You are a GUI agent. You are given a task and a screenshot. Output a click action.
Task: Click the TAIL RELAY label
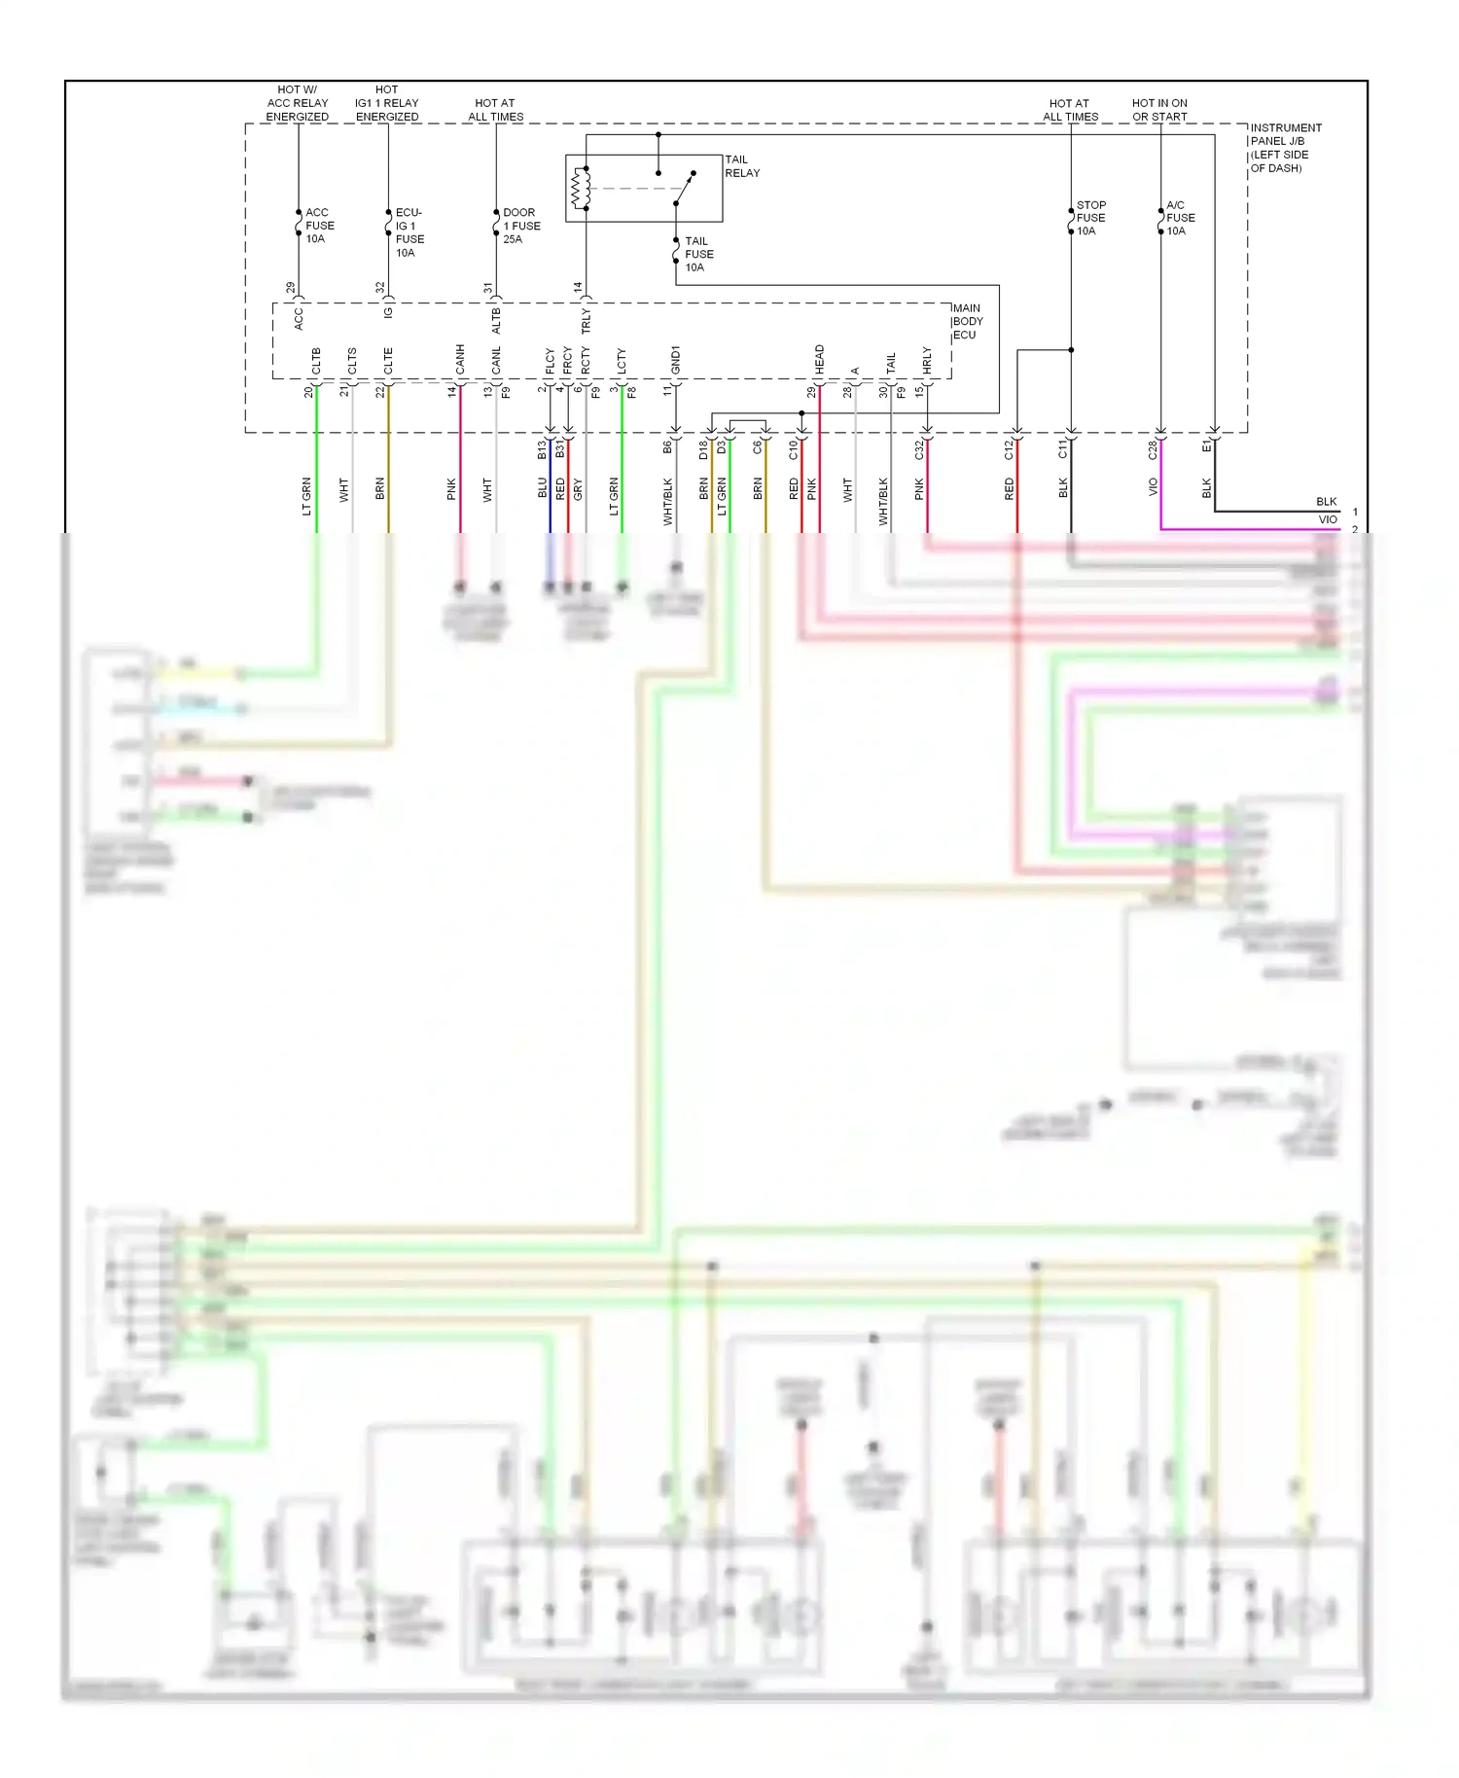pyautogui.click(x=741, y=166)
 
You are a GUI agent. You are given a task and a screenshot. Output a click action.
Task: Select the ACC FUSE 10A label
pyautogui.click(x=318, y=226)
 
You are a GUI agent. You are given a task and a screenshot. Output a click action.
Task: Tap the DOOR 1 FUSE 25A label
pyautogui.click(x=520, y=226)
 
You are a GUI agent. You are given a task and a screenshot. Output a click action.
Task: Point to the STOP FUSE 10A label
pyautogui.click(x=1090, y=218)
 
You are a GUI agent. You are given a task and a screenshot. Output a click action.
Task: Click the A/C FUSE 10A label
pyautogui.click(x=1180, y=218)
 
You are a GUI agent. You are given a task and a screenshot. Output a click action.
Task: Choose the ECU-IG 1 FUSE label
pyautogui.click(x=409, y=231)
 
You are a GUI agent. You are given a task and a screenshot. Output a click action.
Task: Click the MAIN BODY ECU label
pyautogui.click(x=967, y=322)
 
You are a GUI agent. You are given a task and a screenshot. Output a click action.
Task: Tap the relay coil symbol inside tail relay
pyautogui.click(x=581, y=189)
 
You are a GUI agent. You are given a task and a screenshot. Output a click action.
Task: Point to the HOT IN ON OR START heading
pyautogui.click(x=1159, y=110)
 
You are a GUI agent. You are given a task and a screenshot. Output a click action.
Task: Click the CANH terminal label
pyautogui.click(x=460, y=359)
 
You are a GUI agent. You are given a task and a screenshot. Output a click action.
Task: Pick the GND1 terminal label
pyautogui.click(x=676, y=360)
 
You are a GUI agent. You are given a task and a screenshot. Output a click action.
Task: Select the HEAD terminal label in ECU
pyautogui.click(x=820, y=359)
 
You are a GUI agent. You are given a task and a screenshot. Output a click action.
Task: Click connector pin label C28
pyautogui.click(x=1152, y=450)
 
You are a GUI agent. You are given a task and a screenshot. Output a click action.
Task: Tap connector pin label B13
pyautogui.click(x=542, y=449)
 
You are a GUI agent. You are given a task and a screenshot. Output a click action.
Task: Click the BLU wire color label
pyautogui.click(x=542, y=488)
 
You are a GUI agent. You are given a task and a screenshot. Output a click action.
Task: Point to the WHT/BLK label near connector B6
pyautogui.click(x=667, y=502)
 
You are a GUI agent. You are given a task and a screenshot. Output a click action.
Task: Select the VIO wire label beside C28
pyautogui.click(x=1153, y=486)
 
